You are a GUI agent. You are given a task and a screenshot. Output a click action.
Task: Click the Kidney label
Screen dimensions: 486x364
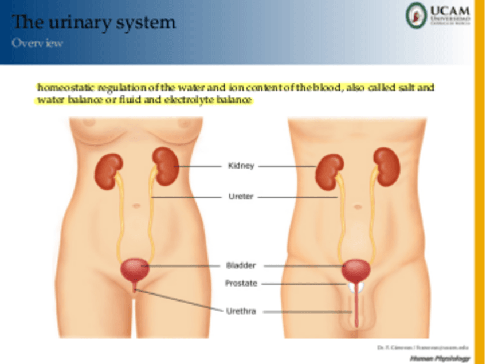241,166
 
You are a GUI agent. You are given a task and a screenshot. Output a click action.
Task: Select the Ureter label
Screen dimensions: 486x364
241,197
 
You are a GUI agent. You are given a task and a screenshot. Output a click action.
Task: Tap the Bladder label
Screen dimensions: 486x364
241,266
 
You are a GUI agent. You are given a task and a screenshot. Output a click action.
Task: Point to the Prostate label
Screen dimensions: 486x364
241,283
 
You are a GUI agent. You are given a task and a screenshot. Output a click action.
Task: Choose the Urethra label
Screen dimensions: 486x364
241,311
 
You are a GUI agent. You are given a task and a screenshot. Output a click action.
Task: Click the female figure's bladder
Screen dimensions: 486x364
135,268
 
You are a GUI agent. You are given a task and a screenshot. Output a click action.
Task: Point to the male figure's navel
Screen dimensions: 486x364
357,206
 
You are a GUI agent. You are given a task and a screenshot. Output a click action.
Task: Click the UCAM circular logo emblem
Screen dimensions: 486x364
416,15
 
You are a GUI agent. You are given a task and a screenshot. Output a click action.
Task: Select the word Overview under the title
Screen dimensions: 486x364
37,44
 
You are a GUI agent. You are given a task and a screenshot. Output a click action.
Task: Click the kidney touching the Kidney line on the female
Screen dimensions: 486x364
165,166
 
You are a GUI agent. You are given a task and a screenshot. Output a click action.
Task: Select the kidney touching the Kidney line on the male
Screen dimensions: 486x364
330,171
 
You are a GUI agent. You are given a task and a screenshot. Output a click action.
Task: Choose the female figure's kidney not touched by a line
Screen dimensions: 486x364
109,171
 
